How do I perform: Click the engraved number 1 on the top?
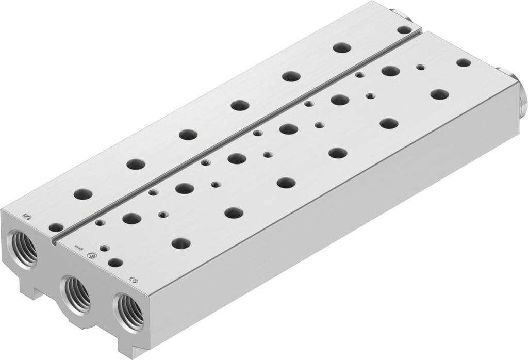click(78, 248)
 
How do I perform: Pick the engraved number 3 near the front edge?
click(133, 280)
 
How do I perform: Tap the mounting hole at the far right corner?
click(464, 62)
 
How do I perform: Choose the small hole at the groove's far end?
click(404, 30)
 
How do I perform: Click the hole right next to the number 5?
click(56, 227)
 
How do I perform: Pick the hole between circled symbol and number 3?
click(115, 262)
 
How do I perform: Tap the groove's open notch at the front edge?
click(54, 242)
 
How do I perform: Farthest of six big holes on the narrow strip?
click(341, 48)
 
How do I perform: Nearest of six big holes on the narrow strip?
click(82, 194)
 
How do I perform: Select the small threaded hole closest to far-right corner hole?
click(421, 68)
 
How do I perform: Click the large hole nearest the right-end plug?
click(439, 94)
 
